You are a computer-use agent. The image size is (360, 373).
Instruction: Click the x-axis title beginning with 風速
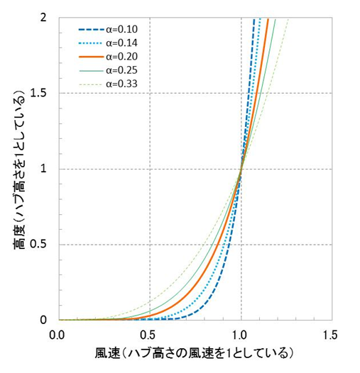coord(195,352)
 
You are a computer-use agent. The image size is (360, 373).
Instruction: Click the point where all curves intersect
coord(241,169)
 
